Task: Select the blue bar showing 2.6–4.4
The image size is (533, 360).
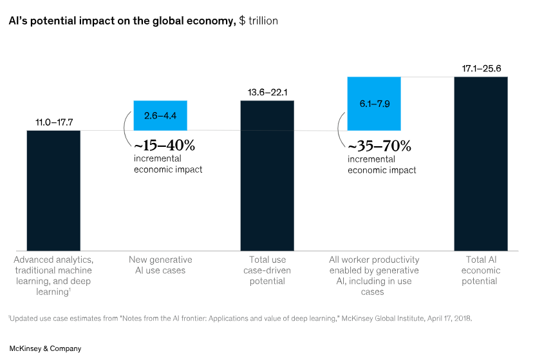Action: click(160, 115)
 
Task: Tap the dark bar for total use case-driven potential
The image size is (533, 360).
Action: click(267, 175)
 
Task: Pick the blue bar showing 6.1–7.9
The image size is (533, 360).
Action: click(374, 104)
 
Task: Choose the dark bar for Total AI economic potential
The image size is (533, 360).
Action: click(481, 164)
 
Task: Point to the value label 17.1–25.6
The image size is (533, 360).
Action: click(481, 68)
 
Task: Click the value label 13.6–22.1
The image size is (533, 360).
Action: click(267, 92)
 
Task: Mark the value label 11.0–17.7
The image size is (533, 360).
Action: click(53, 122)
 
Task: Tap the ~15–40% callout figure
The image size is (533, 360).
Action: click(164, 146)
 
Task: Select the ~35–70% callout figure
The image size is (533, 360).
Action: click(379, 146)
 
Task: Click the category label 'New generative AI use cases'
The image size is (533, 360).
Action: click(160, 265)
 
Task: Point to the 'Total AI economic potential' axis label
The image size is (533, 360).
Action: click(481, 270)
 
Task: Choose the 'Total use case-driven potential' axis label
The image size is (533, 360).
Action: click(267, 270)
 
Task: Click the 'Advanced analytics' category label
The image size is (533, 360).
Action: click(53, 276)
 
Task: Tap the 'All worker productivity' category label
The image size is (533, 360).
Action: click(374, 276)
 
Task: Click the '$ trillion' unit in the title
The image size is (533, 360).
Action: click(258, 21)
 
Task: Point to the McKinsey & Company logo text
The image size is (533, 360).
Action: click(45, 348)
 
